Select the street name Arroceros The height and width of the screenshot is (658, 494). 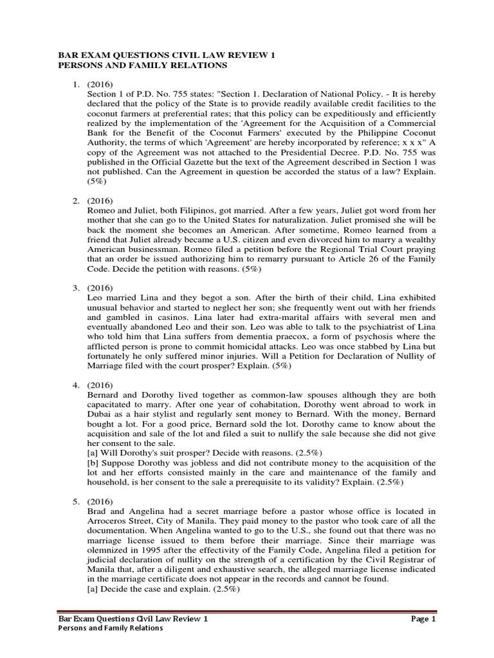pos(109,521)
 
